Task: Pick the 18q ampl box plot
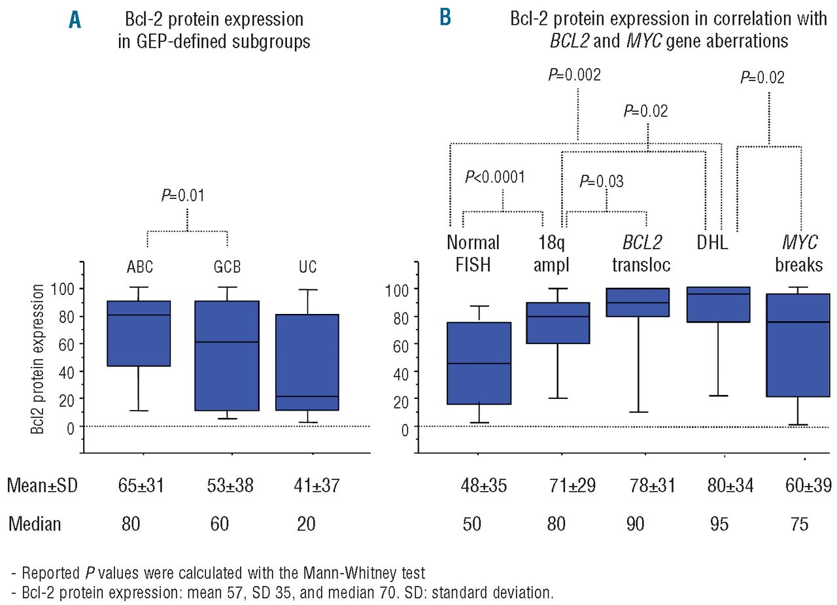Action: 558,322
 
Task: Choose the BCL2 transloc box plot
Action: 638,302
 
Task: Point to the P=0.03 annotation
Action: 602,181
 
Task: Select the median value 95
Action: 718,525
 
